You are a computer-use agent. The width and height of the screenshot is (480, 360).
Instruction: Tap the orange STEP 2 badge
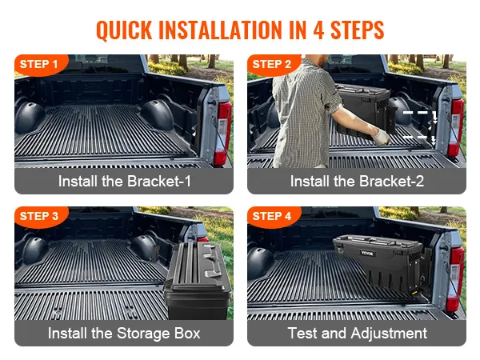pyautogui.click(x=273, y=65)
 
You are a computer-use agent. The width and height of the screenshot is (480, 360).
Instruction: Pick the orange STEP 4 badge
pyautogui.click(x=273, y=217)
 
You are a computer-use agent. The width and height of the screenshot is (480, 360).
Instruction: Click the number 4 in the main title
pyautogui.click(x=318, y=30)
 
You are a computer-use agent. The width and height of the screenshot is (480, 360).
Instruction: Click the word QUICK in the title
pyautogui.click(x=124, y=30)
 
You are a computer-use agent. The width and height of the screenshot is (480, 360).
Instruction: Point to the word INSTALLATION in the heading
pyautogui.click(x=222, y=30)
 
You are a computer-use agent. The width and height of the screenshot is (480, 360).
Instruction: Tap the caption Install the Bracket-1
pyautogui.click(x=124, y=181)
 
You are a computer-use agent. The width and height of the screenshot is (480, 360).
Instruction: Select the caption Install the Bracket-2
pyautogui.click(x=357, y=181)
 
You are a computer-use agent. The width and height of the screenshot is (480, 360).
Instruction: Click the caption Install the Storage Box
pyautogui.click(x=124, y=333)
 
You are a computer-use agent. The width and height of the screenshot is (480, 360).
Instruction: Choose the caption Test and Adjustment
pyautogui.click(x=358, y=333)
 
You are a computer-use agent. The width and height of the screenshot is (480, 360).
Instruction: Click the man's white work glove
pyautogui.click(x=382, y=137)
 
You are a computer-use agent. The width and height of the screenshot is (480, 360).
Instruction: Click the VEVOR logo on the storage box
pyautogui.click(x=366, y=253)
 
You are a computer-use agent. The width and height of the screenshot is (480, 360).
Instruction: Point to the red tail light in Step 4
pyautogui.click(x=455, y=277)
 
